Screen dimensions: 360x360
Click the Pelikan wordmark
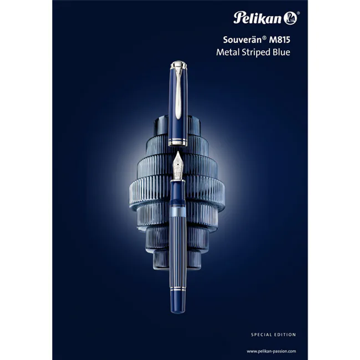pos(257,18)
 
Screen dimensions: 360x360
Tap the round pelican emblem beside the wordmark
pos(290,18)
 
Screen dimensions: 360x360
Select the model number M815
pos(279,40)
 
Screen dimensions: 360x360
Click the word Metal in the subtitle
pos(226,52)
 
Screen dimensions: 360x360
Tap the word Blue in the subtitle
pos(282,52)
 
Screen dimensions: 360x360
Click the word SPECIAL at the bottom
pos(261,335)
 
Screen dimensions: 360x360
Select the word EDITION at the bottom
pos(285,335)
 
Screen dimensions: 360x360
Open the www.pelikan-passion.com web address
pos(271,351)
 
